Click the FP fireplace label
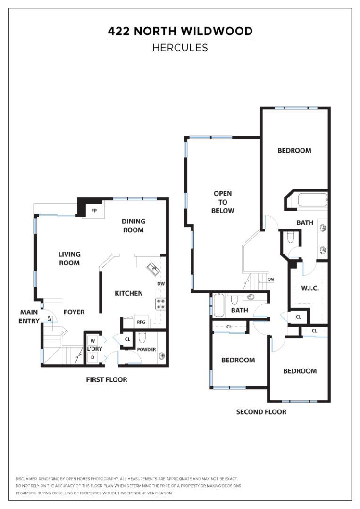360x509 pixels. click(94, 211)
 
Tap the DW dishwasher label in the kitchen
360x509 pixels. click(161, 283)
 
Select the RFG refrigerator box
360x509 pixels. click(142, 322)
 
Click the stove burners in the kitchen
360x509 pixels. click(160, 304)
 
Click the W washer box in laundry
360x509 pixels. click(93, 341)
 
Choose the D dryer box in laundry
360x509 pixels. click(93, 357)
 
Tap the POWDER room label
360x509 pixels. click(146, 350)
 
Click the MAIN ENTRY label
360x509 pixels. click(29, 317)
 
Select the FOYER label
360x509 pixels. click(74, 312)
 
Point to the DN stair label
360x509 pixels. click(271, 279)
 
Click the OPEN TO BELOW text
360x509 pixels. click(223, 202)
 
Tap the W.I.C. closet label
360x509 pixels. click(310, 288)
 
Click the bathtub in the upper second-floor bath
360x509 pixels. click(312, 200)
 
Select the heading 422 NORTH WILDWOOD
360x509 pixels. click(180, 31)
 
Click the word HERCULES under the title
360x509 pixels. click(180, 48)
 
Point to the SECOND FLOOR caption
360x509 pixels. click(261, 412)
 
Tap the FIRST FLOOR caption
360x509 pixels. click(107, 379)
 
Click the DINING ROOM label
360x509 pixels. click(133, 226)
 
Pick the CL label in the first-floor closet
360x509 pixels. click(127, 339)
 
